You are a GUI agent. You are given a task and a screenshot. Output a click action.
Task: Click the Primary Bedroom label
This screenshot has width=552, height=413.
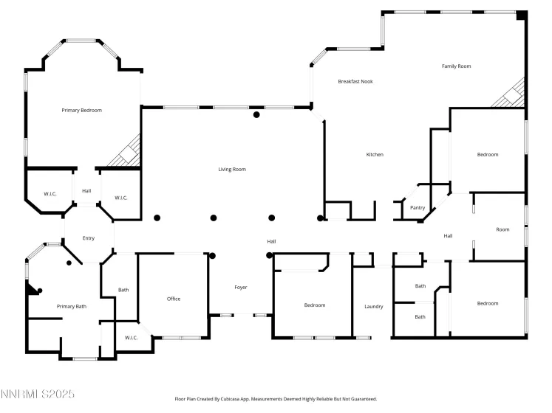pos(81,110)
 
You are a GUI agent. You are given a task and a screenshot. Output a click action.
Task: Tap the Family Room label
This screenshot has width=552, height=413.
pos(456,66)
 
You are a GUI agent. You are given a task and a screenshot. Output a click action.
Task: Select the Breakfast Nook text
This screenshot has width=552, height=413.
pos(355,81)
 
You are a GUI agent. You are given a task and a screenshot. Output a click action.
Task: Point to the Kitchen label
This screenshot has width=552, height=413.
pos(375,154)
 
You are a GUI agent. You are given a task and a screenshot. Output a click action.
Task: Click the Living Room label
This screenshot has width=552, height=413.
pos(231,169)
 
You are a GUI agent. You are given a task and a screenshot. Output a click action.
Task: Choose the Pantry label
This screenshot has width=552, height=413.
pos(417,208)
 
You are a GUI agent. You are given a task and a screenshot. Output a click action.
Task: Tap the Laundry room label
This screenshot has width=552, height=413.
pos(373,306)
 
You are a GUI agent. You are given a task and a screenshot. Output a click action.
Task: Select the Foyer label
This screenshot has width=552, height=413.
pos(241,287)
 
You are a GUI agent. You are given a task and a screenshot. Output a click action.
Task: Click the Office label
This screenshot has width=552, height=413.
pos(174,299)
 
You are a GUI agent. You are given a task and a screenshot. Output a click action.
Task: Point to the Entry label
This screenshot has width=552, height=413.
pos(89,238)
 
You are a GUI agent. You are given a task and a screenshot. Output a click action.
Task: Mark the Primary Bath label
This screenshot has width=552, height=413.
pos(72,306)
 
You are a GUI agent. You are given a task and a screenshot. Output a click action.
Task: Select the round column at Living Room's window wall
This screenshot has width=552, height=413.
pos(256,115)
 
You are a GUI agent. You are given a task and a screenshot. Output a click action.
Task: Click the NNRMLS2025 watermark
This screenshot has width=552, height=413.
pos(38,395)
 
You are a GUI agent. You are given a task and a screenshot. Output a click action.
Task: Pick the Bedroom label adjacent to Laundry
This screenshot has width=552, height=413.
pos(314,305)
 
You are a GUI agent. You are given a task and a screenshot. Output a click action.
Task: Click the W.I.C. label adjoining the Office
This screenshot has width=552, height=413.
pos(131,338)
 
